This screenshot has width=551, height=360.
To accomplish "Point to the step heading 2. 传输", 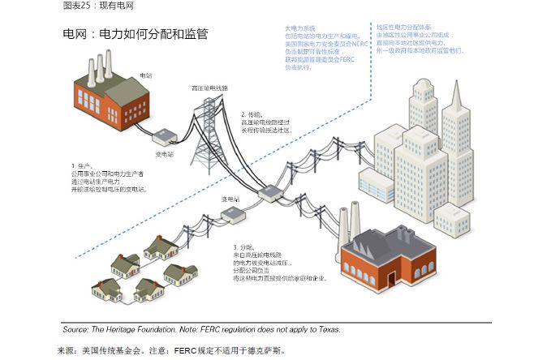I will (252, 114).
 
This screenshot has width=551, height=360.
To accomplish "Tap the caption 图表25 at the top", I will (78, 6).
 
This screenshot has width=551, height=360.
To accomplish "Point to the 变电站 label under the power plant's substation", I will (164, 152).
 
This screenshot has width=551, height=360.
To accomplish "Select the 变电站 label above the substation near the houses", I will (231, 199).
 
